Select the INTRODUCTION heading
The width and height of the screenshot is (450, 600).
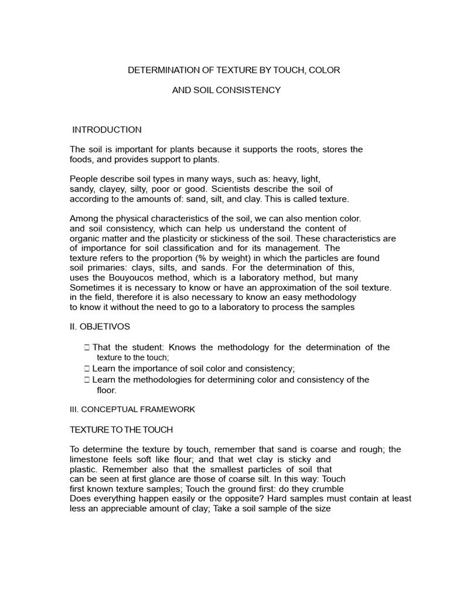coord(107,129)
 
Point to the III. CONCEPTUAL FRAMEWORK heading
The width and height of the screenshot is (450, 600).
coord(132,410)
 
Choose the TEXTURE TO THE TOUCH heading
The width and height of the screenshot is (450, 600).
coord(121,429)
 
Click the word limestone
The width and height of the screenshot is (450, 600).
coord(89,459)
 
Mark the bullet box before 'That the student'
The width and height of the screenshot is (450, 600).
coord(87,347)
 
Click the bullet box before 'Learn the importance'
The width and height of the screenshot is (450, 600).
coord(87,369)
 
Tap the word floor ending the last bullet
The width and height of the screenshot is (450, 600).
coord(107,390)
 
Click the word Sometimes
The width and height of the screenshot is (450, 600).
coord(91,288)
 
